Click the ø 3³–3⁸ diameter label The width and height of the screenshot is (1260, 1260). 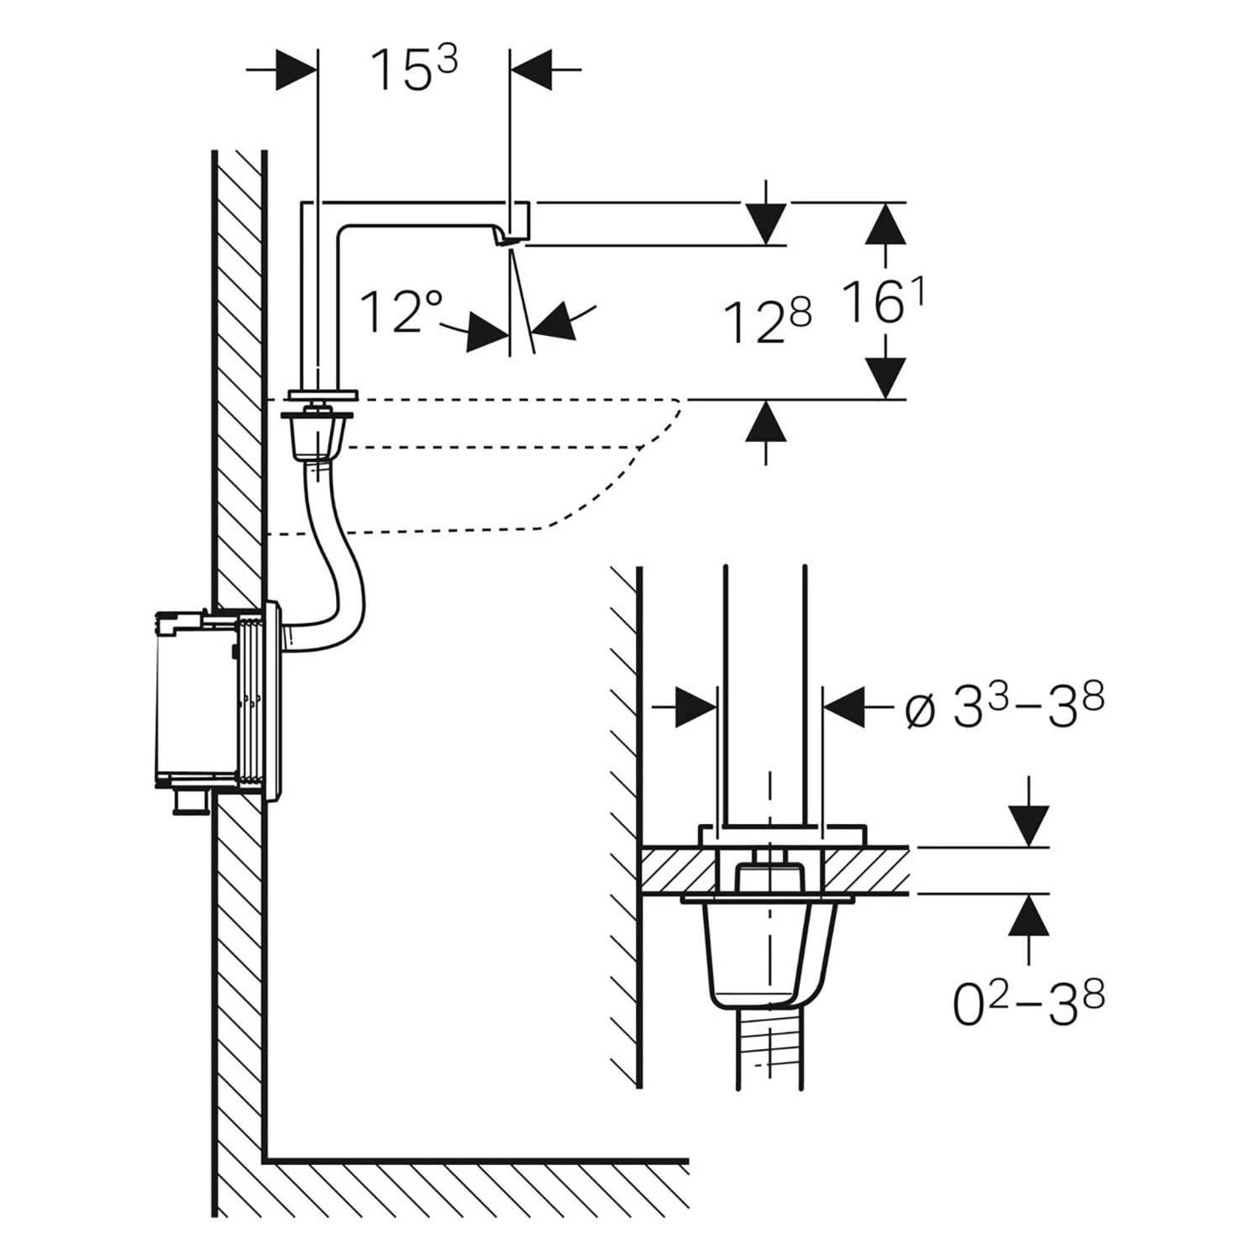coord(1003,711)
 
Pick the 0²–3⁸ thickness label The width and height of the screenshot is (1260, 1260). coord(1028,1003)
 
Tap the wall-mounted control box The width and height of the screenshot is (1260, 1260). coord(218,701)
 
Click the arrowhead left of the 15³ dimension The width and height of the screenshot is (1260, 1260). coord(297,68)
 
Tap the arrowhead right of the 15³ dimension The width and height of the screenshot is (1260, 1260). coord(533,68)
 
